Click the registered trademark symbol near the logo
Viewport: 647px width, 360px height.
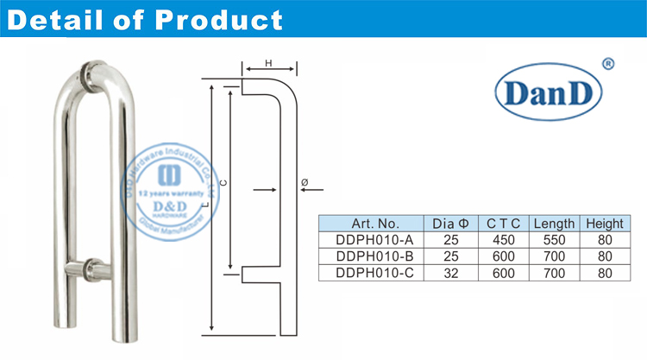pos(607,63)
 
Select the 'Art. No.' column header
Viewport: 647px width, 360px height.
pos(371,223)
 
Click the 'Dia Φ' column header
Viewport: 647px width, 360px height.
pos(449,223)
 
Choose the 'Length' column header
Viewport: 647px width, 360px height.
pos(553,223)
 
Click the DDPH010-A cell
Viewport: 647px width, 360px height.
pos(371,239)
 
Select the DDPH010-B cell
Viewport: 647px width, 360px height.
pos(371,256)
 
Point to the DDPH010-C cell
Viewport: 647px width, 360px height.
pos(371,273)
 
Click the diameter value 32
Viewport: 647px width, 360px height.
pos(449,273)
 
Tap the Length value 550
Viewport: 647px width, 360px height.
pos(553,239)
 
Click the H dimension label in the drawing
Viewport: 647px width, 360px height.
pos(269,62)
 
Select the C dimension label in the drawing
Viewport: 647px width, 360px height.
pos(223,183)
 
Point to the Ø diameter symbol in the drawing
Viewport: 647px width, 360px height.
pos(305,182)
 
